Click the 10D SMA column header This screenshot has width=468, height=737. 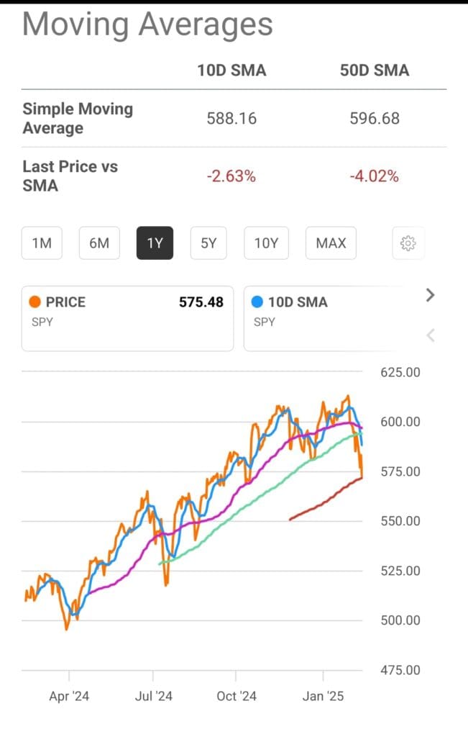tap(231, 70)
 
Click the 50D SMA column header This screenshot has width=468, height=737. tap(375, 70)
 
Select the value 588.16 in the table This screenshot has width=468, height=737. tap(231, 118)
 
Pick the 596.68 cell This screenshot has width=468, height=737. tap(375, 118)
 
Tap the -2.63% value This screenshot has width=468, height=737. tap(231, 176)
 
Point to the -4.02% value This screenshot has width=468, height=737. tap(375, 176)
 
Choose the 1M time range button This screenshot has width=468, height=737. tap(42, 243)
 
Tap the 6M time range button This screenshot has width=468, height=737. tap(99, 243)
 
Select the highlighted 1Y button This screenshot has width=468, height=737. tap(155, 243)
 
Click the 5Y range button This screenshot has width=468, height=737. tap(208, 243)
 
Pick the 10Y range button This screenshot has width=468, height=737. tap(266, 243)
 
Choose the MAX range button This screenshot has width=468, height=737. tap(331, 243)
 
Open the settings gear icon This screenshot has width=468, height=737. tap(408, 243)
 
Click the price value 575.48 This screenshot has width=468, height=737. tap(201, 302)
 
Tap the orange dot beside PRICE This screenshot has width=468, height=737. tap(35, 302)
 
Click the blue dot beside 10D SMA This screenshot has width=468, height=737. tap(257, 302)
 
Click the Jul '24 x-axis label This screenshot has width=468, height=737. tap(153, 696)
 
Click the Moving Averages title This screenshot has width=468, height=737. tap(147, 24)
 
